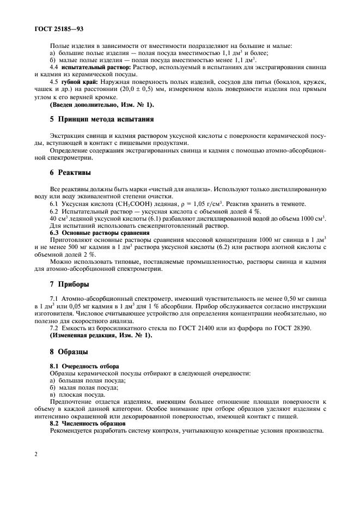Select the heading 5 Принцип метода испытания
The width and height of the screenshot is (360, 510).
(x=101, y=119)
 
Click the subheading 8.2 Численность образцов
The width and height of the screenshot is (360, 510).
(x=89, y=422)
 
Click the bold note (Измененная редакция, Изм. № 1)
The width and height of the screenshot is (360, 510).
(x=101, y=335)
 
